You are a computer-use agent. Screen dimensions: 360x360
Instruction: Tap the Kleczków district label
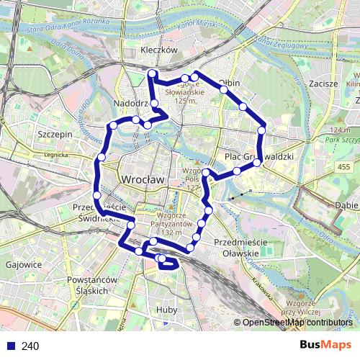pyautogui.click(x=159, y=51)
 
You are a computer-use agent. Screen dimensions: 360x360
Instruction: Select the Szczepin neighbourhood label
pyautogui.click(x=54, y=134)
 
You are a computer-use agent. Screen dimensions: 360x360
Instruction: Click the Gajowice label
pyautogui.click(x=22, y=264)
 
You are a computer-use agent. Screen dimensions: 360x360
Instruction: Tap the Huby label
pyautogui.click(x=166, y=310)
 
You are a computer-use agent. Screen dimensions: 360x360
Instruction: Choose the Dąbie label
pyautogui.click(x=347, y=205)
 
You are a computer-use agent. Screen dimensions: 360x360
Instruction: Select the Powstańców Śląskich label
pyautogui.click(x=91, y=284)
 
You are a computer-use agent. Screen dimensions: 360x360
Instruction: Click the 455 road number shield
pyautogui.click(x=338, y=166)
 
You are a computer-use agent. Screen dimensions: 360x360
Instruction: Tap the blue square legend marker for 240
pyautogui.click(x=10, y=346)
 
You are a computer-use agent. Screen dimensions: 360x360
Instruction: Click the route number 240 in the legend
pyautogui.click(x=30, y=346)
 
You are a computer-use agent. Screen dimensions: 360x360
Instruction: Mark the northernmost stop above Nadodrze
pyautogui.click(x=152, y=73)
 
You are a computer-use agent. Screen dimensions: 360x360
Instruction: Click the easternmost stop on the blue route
pyautogui.click(x=263, y=130)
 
